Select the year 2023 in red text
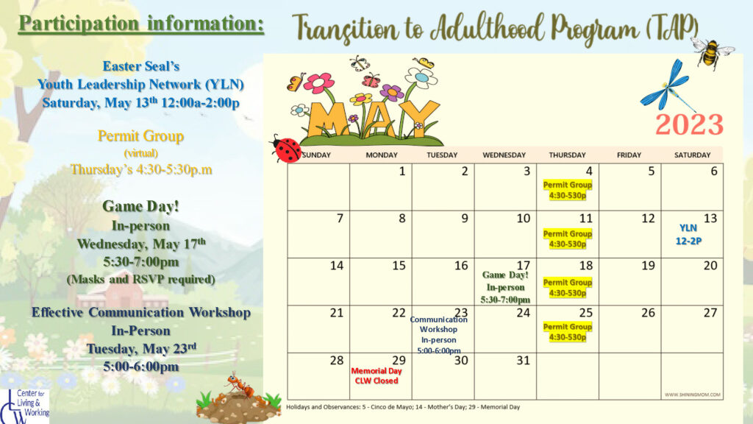[x=690, y=124]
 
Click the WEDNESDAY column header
[x=504, y=155]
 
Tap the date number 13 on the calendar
[x=710, y=218]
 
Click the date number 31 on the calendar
[x=524, y=360]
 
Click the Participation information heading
[x=141, y=24]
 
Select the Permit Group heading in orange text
[x=140, y=136]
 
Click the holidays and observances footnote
[x=403, y=406]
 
